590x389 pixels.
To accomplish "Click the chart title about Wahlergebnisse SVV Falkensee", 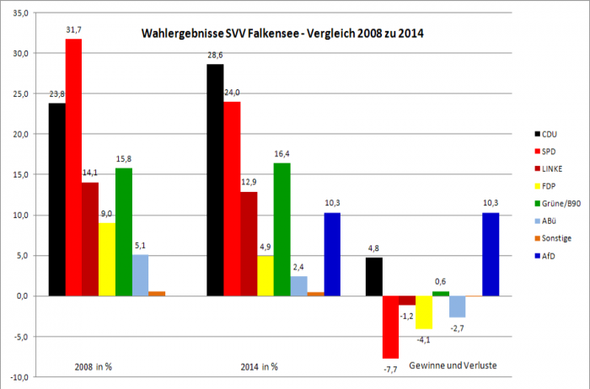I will (282, 34).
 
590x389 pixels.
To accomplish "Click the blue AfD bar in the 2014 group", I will (331, 253).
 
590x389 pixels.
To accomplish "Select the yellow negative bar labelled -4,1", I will (423, 312).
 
